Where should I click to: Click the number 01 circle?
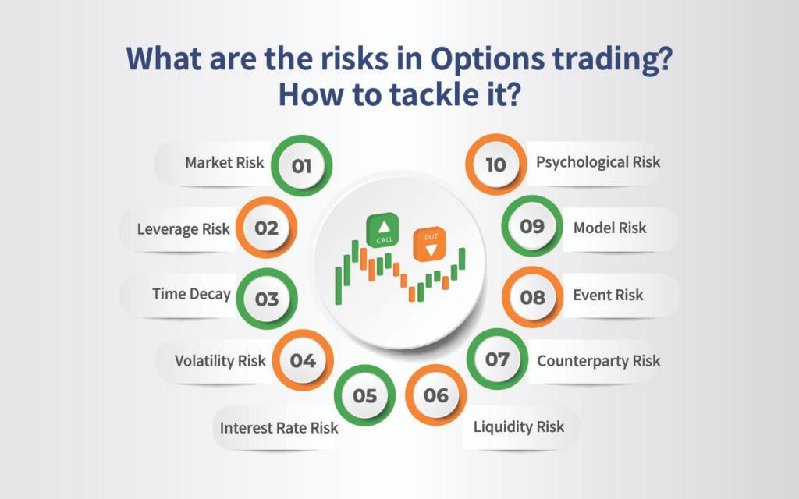(x=301, y=166)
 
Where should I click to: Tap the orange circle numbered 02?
(x=267, y=228)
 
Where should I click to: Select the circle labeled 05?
(x=364, y=396)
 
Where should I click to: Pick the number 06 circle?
(x=436, y=396)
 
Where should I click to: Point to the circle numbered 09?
(x=531, y=227)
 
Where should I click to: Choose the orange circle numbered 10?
(x=495, y=165)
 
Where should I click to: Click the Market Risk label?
(x=225, y=163)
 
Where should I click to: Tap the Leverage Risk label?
(x=183, y=228)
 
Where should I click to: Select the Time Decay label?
(x=191, y=294)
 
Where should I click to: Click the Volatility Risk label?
(x=220, y=360)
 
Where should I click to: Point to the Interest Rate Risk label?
(x=279, y=427)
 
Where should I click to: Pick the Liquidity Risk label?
(x=518, y=426)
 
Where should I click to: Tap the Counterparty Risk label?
(x=598, y=360)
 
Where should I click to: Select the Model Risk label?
(x=609, y=228)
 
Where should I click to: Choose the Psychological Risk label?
(x=598, y=162)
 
